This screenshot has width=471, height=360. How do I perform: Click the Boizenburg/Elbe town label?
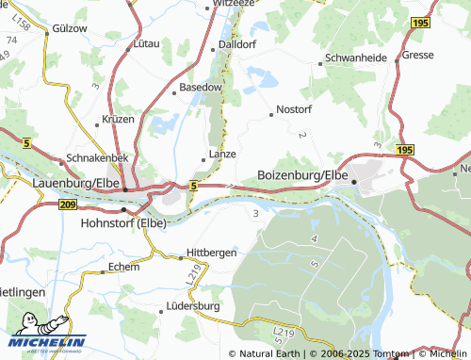pos(302,175)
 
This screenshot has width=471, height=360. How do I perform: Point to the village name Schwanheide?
pos(357,57)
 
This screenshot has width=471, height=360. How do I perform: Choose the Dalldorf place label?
pos(236,44)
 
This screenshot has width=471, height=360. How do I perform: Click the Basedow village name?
pos(201,87)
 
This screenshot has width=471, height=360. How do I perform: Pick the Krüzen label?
pos(118,121)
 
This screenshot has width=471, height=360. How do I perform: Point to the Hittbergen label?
pos(212,253)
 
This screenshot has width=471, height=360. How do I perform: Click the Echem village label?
pos(123,267)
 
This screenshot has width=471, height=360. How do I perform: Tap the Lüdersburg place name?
pos(192,306)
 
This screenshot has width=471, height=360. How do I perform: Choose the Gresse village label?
pos(417,56)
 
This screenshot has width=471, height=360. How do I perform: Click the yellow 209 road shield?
pos(67,204)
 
